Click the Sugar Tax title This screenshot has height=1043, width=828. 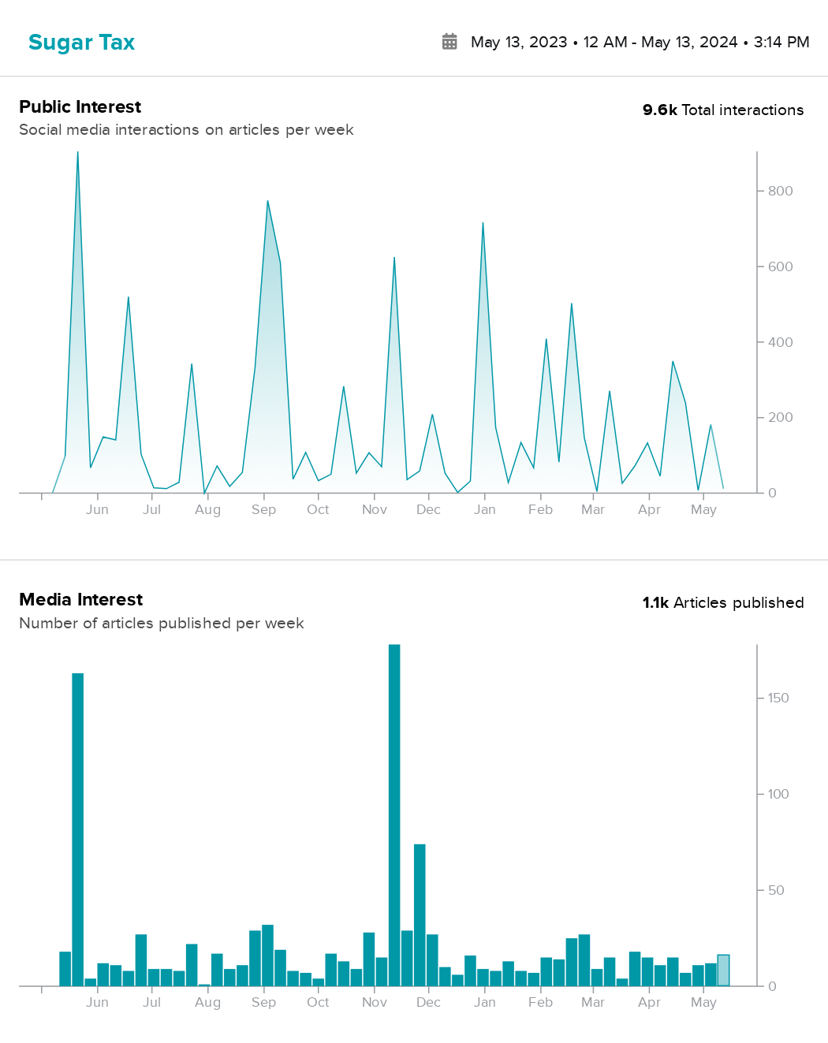click(x=81, y=43)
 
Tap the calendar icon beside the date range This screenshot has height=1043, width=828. click(x=449, y=42)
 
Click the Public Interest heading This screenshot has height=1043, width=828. click(x=80, y=107)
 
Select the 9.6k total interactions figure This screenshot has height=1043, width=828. click(x=722, y=110)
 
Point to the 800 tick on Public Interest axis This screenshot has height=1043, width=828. click(x=780, y=191)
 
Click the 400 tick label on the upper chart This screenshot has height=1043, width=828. click(x=780, y=342)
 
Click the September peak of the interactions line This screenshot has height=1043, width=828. click(x=267, y=202)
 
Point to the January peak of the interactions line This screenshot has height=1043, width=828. click(x=483, y=224)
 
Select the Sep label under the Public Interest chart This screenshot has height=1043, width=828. click(x=263, y=510)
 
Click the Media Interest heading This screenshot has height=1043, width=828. click(x=80, y=600)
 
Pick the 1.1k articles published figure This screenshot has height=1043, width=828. click(x=722, y=603)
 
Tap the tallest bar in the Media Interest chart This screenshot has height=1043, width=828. click(x=394, y=812)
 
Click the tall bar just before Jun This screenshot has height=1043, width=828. click(x=77, y=828)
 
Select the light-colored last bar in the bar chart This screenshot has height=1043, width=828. click(x=723, y=970)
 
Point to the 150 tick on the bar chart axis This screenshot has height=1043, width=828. click(x=778, y=698)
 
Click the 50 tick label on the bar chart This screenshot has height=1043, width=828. click(x=776, y=890)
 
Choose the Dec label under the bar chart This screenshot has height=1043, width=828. click(x=428, y=1003)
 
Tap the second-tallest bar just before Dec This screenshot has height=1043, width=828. click(x=420, y=914)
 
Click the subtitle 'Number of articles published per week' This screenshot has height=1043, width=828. click(x=161, y=624)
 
